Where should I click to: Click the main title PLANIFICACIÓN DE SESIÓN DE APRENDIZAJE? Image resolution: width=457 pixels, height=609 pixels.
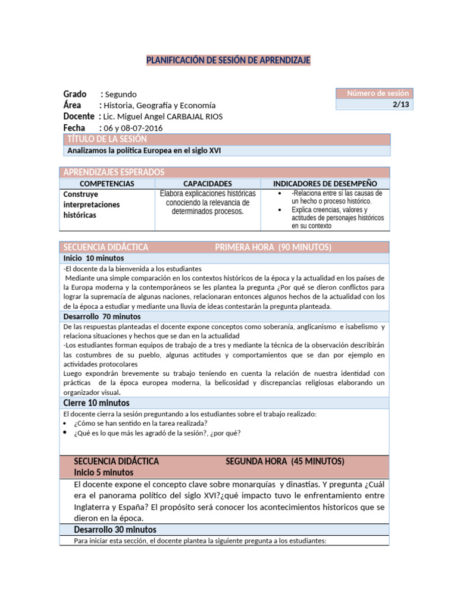click(x=228, y=61)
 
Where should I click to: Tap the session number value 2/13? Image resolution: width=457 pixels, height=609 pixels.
click(x=400, y=105)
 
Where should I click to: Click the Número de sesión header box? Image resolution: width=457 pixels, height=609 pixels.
click(x=373, y=93)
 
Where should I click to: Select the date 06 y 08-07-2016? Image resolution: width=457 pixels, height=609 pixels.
click(x=133, y=128)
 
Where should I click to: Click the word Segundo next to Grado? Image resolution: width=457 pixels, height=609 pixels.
click(x=121, y=95)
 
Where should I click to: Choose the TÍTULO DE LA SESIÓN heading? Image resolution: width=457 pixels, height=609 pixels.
click(x=107, y=139)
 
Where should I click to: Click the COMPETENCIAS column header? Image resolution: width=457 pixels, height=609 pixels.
click(x=107, y=184)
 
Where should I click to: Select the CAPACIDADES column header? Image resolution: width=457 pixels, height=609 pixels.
click(x=208, y=184)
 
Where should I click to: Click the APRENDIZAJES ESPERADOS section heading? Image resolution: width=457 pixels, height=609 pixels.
click(x=114, y=172)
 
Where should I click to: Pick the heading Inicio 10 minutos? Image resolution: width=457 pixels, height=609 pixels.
click(x=94, y=258)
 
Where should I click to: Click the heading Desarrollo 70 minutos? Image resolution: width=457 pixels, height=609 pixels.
click(x=102, y=316)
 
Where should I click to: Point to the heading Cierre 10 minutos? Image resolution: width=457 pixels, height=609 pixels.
click(x=96, y=403)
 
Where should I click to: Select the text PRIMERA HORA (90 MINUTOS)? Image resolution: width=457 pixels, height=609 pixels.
click(x=273, y=247)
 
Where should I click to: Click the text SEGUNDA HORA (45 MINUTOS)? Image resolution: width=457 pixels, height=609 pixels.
click(x=285, y=462)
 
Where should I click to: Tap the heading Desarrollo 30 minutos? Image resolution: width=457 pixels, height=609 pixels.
click(x=115, y=529)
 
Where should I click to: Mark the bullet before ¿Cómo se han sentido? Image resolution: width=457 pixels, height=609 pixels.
click(x=65, y=423)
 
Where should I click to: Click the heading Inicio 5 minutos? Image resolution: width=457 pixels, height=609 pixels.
click(x=104, y=472)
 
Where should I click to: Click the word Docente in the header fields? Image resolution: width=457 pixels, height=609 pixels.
click(x=79, y=117)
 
